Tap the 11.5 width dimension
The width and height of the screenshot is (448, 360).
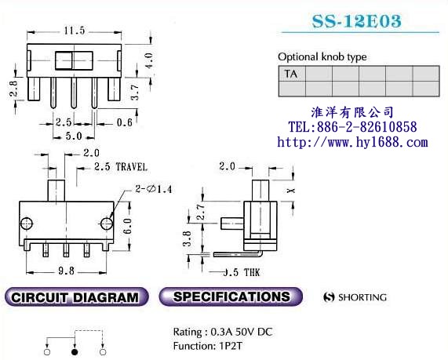(x=74, y=31)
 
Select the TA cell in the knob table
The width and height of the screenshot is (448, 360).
(x=291, y=75)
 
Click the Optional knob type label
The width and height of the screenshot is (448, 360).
(x=322, y=57)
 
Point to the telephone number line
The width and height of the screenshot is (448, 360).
(x=352, y=127)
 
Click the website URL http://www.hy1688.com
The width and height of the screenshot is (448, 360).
(x=353, y=142)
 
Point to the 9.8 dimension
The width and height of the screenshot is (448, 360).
(x=67, y=271)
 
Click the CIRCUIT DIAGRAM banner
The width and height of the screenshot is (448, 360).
(x=75, y=297)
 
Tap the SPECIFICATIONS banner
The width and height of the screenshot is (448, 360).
(x=231, y=297)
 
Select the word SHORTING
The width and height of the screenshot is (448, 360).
(x=362, y=298)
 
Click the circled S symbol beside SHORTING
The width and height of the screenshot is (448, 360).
(x=330, y=298)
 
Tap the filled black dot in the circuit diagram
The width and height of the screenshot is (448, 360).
(x=74, y=353)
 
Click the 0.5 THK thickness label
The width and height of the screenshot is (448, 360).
(x=241, y=272)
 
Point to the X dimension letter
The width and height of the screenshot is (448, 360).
(x=291, y=191)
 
